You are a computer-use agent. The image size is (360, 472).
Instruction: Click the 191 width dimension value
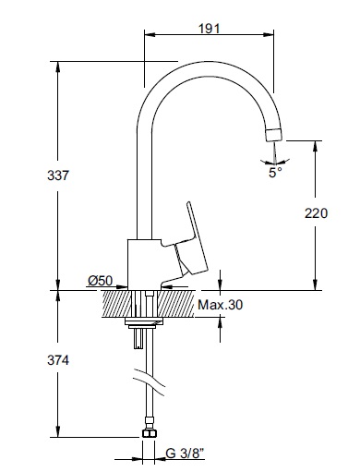tap(210, 29)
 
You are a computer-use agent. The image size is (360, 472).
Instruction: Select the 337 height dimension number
tap(58, 175)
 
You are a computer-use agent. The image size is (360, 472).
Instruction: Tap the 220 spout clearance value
tap(316, 213)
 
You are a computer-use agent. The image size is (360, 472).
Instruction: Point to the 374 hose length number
tap(58, 360)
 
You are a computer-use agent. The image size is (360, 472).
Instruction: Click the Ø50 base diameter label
tap(101, 281)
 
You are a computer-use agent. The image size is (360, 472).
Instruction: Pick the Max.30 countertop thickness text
tap(220, 305)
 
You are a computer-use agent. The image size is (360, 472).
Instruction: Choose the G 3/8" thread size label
tap(185, 454)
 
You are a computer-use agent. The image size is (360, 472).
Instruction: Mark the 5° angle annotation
tap(275, 173)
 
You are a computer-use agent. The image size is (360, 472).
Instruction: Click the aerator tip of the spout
tap(273, 134)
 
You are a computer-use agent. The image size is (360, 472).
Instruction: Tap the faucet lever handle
tap(191, 240)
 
